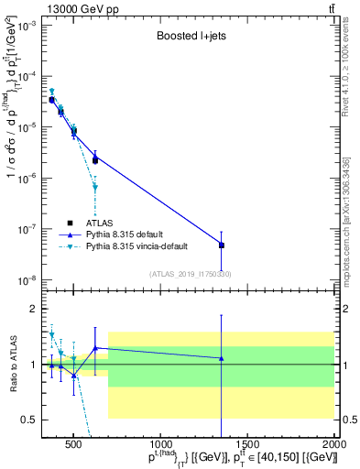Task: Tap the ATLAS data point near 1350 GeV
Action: pos(221,245)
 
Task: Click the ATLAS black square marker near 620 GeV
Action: pos(95,160)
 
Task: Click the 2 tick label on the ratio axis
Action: pos(32,309)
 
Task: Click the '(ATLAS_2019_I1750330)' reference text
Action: pos(191,274)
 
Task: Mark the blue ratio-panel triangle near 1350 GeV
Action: pos(221,358)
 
